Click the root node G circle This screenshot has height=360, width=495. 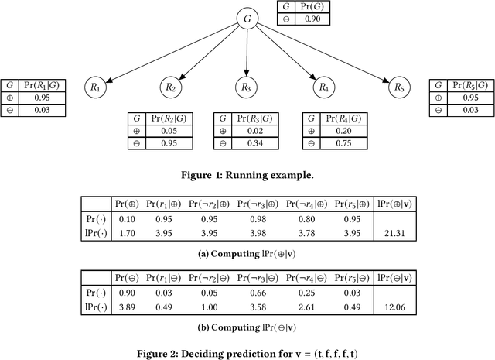(x=247, y=17)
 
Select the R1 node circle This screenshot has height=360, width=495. (x=95, y=88)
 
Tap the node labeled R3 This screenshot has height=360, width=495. (x=247, y=88)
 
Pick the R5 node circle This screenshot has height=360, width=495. (x=398, y=88)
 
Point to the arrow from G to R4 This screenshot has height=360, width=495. (x=282, y=50)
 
